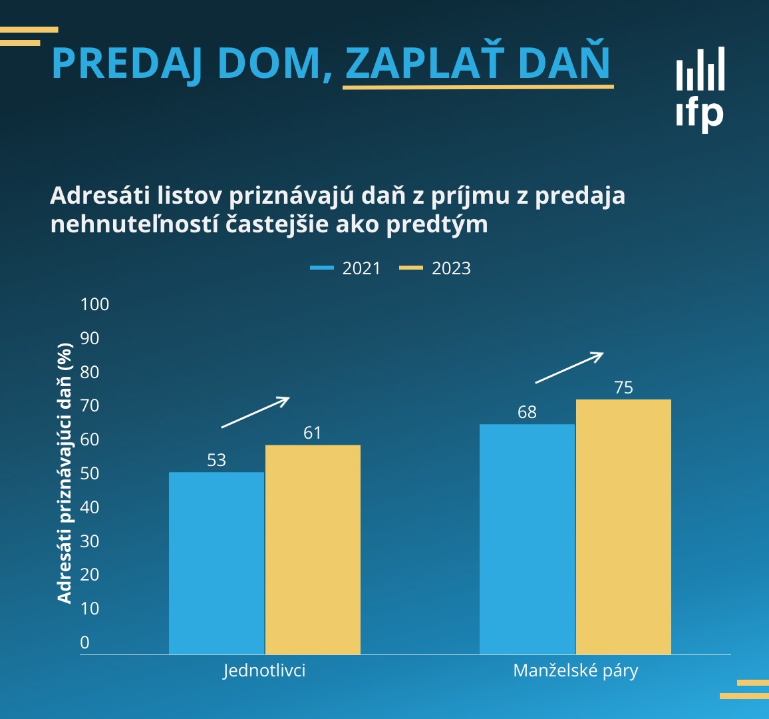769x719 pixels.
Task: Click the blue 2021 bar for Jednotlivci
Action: point(216,563)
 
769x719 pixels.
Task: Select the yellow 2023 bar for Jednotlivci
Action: point(313,550)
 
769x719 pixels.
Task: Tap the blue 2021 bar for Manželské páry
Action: point(527,539)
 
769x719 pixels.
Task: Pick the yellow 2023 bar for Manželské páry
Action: point(623,527)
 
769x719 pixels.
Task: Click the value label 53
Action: point(216,460)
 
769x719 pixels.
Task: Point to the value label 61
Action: point(313,433)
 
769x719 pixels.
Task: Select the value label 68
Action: point(527,412)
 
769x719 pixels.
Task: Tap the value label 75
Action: point(623,387)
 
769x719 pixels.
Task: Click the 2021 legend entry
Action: point(346,268)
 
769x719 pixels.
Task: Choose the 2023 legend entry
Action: point(436,268)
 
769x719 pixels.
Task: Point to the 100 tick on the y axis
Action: point(94,304)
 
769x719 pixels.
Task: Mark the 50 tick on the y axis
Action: point(89,473)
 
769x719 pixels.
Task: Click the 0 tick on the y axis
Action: point(84,642)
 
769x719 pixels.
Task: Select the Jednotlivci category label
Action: point(264,670)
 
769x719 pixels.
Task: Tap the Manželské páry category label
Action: point(575,670)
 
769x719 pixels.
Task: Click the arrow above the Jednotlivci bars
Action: point(255,412)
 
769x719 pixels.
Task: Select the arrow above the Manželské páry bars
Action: point(569,367)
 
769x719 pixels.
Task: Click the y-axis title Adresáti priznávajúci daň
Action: point(65,473)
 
